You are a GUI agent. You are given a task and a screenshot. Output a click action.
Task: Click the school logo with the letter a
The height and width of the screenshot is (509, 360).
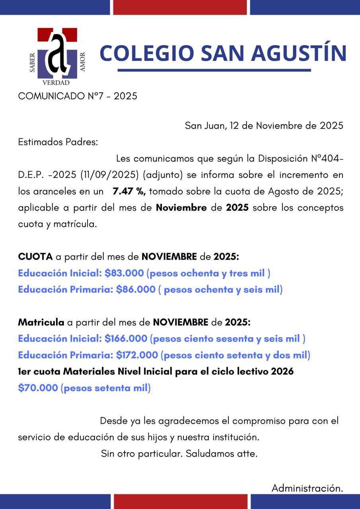57,53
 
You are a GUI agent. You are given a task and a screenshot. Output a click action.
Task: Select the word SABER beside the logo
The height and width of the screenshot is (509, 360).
33,62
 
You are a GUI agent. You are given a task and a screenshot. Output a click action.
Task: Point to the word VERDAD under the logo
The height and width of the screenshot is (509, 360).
56,83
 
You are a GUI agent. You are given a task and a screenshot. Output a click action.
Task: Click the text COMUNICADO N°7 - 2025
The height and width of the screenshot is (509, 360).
78,96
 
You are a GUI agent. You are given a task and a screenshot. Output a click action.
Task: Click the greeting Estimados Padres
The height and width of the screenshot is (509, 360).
58,142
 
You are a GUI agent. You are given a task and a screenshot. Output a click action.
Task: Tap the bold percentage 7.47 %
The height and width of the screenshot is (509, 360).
129,191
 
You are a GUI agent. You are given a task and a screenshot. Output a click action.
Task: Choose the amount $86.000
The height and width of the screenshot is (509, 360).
136,289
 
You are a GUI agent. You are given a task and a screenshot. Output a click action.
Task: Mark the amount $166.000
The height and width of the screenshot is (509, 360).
126,339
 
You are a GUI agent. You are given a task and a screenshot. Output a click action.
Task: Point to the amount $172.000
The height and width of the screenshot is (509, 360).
138,355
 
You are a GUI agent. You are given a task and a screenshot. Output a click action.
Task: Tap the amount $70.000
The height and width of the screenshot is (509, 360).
38,388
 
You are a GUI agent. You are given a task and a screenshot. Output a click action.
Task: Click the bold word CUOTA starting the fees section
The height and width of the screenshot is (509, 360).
35,257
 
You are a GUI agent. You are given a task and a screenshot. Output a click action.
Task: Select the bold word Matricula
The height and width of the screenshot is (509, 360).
41,322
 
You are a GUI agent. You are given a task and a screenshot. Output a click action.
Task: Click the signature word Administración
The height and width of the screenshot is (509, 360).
307,488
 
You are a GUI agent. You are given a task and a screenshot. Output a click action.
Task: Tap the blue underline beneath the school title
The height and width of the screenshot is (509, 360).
214,70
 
